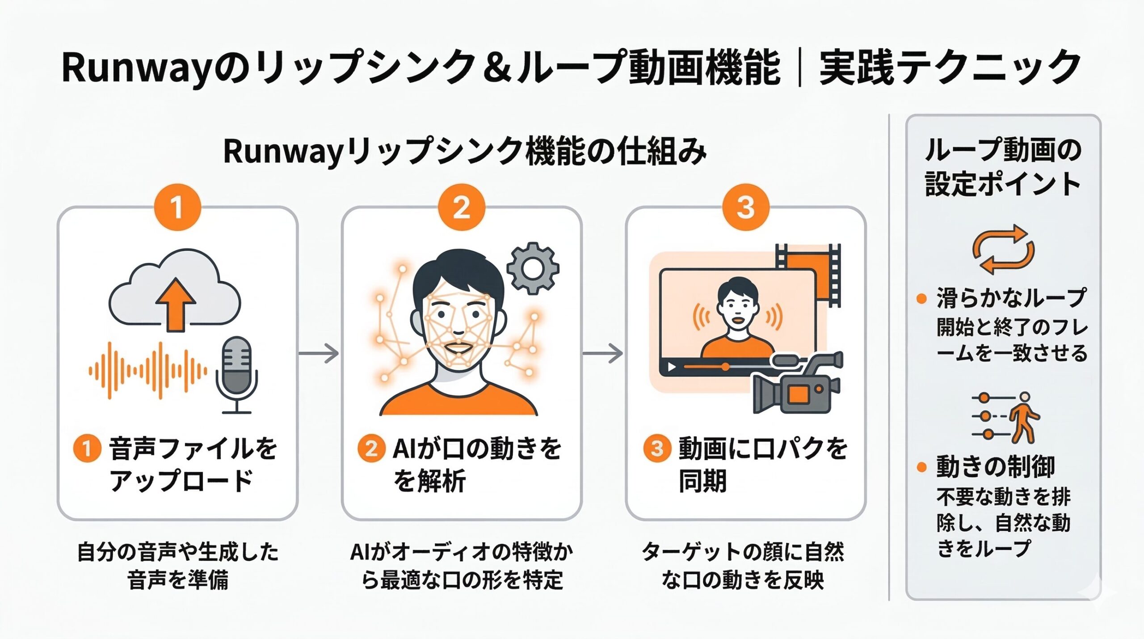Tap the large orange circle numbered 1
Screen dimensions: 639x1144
click(177, 207)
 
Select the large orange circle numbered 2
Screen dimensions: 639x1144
click(461, 207)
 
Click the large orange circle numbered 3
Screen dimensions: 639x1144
click(745, 207)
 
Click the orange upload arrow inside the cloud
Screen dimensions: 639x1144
click(175, 304)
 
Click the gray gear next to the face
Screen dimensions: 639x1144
click(533, 268)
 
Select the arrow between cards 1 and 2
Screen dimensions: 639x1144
click(319, 353)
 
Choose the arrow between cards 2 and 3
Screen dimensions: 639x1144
click(603, 353)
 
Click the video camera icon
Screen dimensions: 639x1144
click(795, 385)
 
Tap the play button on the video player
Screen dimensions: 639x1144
click(672, 367)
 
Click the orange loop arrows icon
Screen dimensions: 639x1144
click(1003, 250)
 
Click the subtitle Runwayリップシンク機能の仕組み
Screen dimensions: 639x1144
click(465, 152)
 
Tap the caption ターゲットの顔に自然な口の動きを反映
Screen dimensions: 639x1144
click(743, 566)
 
